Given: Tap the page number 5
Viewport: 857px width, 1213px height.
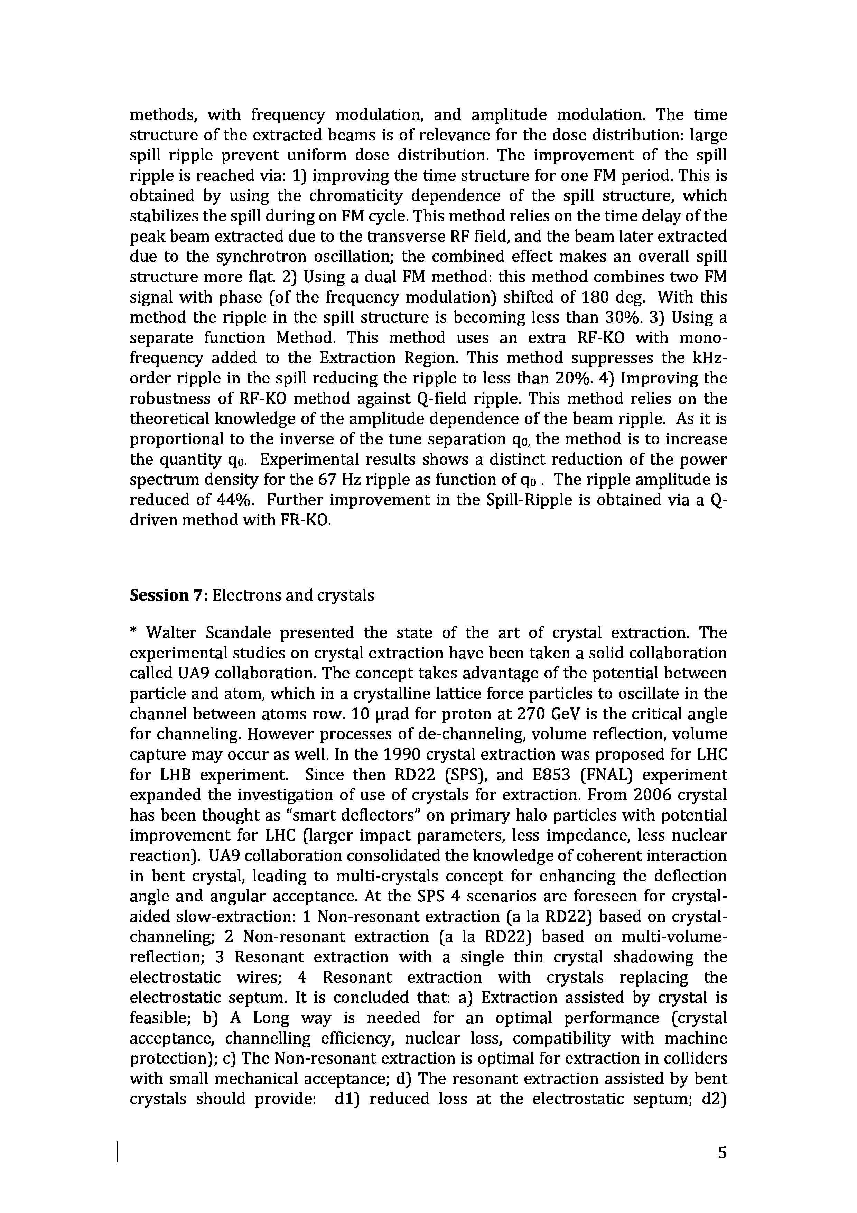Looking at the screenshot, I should (x=722, y=1152).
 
